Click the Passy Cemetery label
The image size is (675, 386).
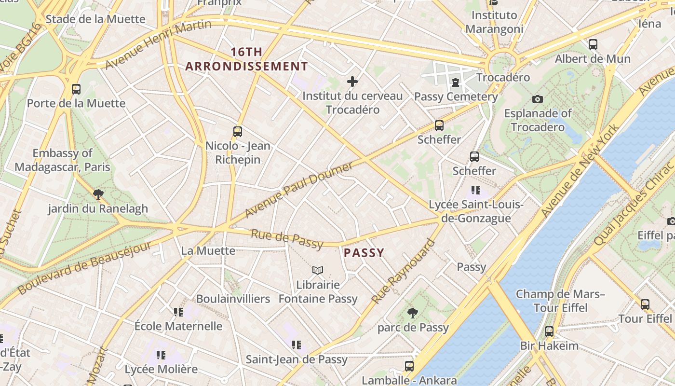click(x=456, y=96)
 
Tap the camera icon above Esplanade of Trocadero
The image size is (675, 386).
click(x=538, y=99)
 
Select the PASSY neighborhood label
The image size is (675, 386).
click(x=364, y=253)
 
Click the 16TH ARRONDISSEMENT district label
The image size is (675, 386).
click(x=246, y=59)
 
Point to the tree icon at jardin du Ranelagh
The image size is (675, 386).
click(x=98, y=194)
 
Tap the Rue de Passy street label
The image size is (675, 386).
click(x=287, y=239)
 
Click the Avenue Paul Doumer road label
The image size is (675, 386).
click(x=299, y=190)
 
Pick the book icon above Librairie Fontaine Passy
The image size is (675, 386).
click(x=317, y=271)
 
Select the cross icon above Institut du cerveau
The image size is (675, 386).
click(x=352, y=82)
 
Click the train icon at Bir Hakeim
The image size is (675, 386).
click(x=549, y=331)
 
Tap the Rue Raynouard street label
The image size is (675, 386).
click(x=403, y=272)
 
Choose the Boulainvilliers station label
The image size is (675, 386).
click(x=233, y=299)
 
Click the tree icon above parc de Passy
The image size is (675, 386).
click(x=412, y=313)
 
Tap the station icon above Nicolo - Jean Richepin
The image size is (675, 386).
click(x=237, y=132)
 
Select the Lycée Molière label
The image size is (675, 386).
click(x=161, y=369)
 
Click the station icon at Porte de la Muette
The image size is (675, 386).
click(x=76, y=89)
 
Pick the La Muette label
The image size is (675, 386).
click(x=208, y=251)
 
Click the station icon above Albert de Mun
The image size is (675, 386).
click(x=593, y=44)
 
